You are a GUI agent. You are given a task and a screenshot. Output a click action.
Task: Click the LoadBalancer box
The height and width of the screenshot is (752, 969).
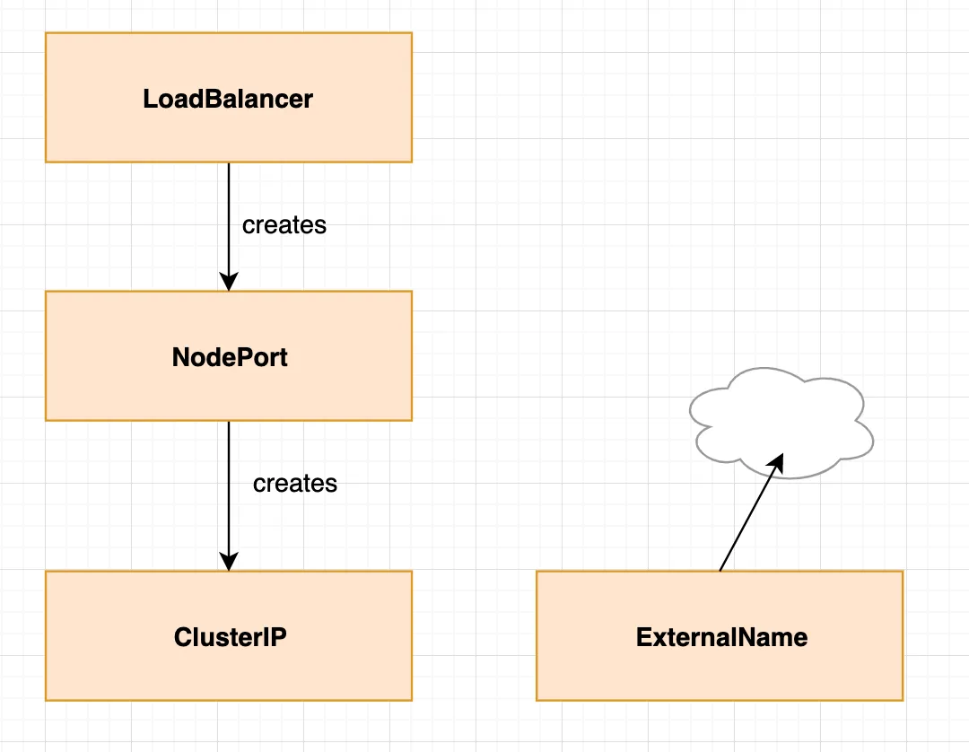pyautogui.click(x=229, y=98)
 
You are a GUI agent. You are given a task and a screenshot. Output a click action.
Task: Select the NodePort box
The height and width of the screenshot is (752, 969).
pyautogui.click(x=229, y=356)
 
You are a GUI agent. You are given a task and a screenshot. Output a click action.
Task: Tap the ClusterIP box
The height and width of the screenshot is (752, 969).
pyautogui.click(x=229, y=636)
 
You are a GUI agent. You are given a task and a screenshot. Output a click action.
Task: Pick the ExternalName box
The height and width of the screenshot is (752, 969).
pyautogui.click(x=720, y=636)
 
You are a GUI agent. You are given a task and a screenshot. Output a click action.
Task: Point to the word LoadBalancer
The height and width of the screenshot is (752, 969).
pyautogui.click(x=228, y=99)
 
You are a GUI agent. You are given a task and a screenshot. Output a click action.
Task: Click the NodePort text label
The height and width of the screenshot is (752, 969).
pyautogui.click(x=230, y=357)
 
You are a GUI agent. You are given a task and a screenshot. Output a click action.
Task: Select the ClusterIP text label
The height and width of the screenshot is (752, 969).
pyautogui.click(x=230, y=637)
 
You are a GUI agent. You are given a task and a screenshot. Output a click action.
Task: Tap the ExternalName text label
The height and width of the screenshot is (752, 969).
pyautogui.click(x=721, y=637)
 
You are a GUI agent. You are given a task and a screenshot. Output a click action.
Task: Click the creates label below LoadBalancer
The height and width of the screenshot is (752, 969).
pyautogui.click(x=284, y=225)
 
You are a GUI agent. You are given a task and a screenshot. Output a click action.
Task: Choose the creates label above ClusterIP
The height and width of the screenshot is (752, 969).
pyautogui.click(x=295, y=483)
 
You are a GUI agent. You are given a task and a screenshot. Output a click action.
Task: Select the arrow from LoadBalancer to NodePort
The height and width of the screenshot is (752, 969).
pyautogui.click(x=229, y=227)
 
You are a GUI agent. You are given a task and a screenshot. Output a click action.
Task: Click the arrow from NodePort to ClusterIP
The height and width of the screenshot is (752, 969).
pyautogui.click(x=229, y=496)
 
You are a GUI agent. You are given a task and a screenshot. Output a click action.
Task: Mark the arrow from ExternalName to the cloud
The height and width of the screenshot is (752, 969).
pyautogui.click(x=752, y=512)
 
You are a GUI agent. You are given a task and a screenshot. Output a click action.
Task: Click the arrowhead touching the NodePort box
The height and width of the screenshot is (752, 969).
pyautogui.click(x=229, y=282)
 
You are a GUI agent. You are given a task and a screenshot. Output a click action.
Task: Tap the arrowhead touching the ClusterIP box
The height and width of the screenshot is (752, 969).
pyautogui.click(x=229, y=562)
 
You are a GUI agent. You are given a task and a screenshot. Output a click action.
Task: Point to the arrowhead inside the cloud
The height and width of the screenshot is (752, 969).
pyautogui.click(x=777, y=463)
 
